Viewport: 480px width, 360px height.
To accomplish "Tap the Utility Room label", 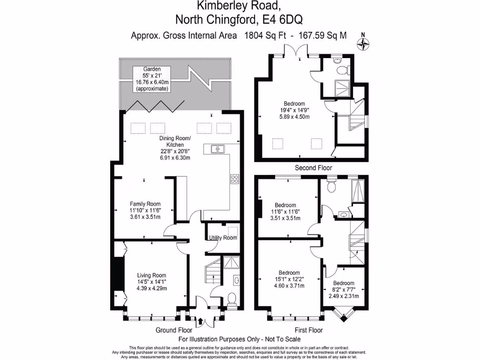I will pyautogui.click(x=223, y=238).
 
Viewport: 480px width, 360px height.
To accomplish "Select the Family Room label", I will pyautogui.click(x=145, y=204).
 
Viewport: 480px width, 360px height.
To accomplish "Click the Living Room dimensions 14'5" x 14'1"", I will pyautogui.click(x=151, y=282).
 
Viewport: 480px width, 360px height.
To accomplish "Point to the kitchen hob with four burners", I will pyautogui.click(x=235, y=179).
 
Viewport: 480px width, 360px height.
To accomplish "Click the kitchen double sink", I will pyautogui.click(x=217, y=149).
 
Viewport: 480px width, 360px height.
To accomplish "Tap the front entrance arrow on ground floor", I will pyautogui.click(x=201, y=321).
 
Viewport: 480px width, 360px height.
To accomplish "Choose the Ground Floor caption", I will pyautogui.click(x=174, y=330).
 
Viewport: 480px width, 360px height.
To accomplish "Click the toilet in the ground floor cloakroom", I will pyautogui.click(x=231, y=298).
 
